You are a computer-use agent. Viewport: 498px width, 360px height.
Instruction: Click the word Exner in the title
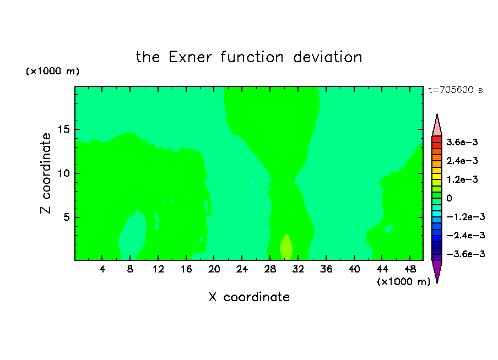point(190,57)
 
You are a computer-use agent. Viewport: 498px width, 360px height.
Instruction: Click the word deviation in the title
point(328,57)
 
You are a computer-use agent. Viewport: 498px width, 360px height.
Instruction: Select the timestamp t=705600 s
point(456,90)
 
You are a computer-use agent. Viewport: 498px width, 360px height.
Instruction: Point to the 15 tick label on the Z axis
point(64,129)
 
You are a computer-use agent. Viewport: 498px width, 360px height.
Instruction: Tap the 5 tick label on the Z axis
point(67,217)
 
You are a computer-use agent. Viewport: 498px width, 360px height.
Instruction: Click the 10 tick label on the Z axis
point(64,173)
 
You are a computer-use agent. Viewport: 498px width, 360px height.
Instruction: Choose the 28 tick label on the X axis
point(270,269)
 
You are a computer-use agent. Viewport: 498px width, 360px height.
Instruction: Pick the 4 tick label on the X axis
point(102,269)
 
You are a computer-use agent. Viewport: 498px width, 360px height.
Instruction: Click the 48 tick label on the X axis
point(410,269)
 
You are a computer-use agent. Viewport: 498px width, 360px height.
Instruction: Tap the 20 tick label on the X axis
point(214,269)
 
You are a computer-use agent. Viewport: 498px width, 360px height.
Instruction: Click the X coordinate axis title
point(249,297)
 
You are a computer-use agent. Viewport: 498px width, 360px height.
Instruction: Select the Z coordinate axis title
point(46,173)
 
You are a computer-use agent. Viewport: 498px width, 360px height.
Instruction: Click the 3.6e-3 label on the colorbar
point(462,142)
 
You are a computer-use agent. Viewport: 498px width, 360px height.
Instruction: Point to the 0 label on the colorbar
point(449,198)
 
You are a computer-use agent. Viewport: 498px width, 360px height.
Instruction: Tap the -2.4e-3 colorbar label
point(466,235)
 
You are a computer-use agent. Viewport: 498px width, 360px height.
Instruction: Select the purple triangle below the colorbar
point(437,270)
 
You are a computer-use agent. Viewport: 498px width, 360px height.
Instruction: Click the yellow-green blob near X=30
point(286,248)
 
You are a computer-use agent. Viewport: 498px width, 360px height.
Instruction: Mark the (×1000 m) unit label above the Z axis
point(52,71)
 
